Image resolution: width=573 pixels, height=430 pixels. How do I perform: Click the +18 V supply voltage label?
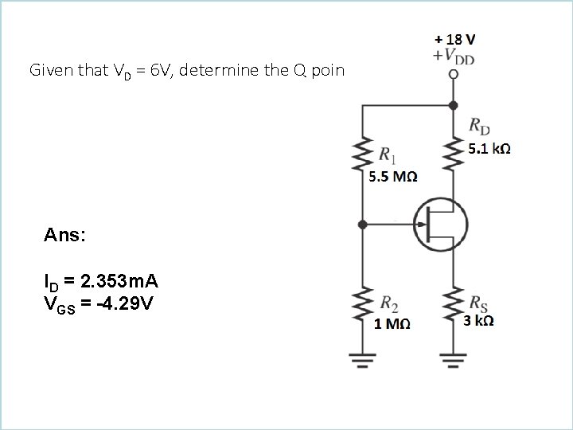456,38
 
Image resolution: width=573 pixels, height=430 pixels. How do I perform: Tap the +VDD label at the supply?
455,55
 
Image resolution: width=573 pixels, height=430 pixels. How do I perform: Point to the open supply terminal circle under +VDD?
454,74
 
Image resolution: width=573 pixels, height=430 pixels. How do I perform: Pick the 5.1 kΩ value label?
489,149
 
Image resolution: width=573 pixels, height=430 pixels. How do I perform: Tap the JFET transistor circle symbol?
440,225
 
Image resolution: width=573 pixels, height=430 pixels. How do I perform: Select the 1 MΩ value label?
392,322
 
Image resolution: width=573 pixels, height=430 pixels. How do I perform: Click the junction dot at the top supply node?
454,104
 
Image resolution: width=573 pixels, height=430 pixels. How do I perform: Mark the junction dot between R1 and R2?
363,225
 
